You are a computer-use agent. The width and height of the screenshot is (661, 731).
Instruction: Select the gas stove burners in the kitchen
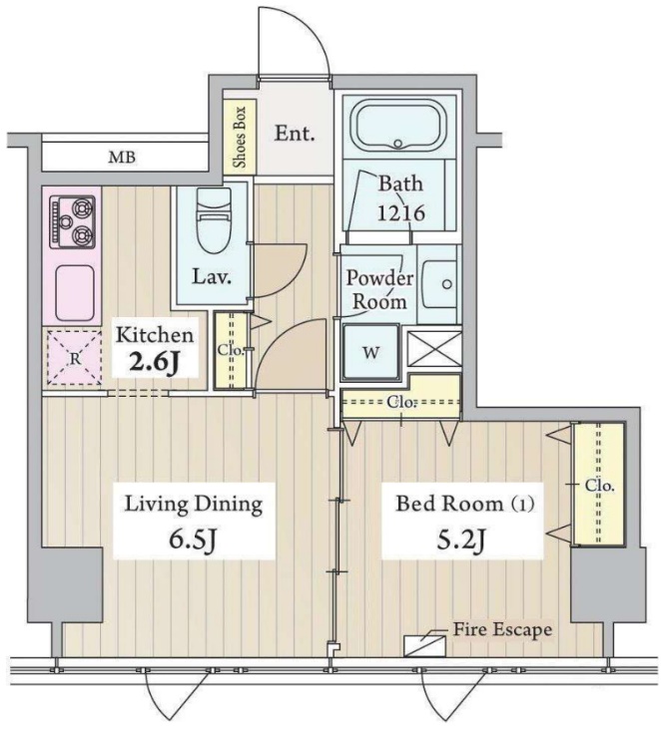(72, 221)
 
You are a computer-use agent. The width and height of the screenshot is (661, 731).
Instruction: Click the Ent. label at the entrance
(297, 133)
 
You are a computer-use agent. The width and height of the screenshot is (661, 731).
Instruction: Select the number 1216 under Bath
(400, 211)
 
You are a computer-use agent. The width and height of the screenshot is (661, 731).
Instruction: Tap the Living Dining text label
(193, 504)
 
